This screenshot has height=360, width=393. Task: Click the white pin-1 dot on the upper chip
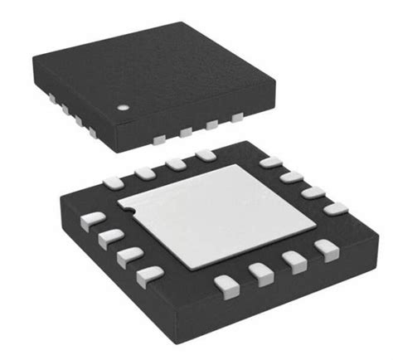(x=122, y=108)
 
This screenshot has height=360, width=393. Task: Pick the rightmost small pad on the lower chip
(x=337, y=210)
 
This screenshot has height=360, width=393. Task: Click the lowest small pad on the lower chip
(x=224, y=286)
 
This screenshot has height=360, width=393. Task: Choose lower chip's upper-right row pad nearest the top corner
(x=269, y=162)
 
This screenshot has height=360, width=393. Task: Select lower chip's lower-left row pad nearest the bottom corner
(x=148, y=273)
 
